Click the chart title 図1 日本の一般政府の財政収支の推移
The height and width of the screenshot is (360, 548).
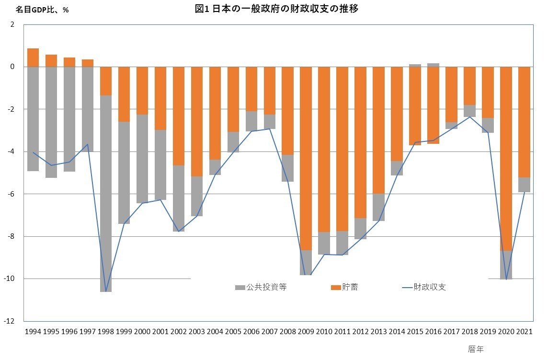[x=277, y=8]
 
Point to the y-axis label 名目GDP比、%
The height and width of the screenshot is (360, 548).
[x=42, y=10]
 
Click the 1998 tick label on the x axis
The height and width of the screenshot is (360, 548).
[x=106, y=331]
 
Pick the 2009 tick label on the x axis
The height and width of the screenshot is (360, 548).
[x=306, y=331]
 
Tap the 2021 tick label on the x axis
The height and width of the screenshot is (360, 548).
[x=525, y=331]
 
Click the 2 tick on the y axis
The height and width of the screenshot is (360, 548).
[x=18, y=24]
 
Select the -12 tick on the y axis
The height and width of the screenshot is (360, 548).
[x=14, y=321]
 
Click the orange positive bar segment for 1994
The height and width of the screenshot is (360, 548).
[x=33, y=58]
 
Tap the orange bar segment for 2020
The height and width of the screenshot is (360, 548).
[x=506, y=158]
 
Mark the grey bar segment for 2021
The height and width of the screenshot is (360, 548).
[x=524, y=185]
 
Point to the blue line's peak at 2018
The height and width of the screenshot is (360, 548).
[x=469, y=116]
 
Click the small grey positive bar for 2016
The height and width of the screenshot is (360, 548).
[x=433, y=65]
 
